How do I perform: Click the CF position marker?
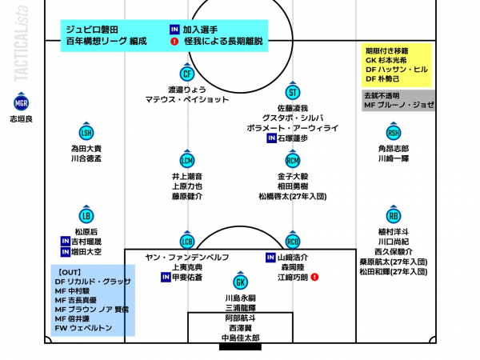pos(187,74)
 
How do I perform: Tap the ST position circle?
pos(293,91)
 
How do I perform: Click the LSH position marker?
pos(86,133)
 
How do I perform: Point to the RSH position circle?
pos(394,133)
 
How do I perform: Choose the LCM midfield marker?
pos(187,160)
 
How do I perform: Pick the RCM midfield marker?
pos(293,160)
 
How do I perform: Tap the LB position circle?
pos(86,216)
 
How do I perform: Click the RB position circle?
pos(394,216)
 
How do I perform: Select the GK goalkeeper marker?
pos(240,282)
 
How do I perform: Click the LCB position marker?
pos(187,242)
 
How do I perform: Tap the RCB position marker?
pos(293,242)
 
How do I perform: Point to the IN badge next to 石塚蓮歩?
pos(271,138)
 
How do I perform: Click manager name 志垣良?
pos(21,118)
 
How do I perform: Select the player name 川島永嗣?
pos(240,298)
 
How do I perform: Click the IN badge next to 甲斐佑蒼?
pos(166,277)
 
